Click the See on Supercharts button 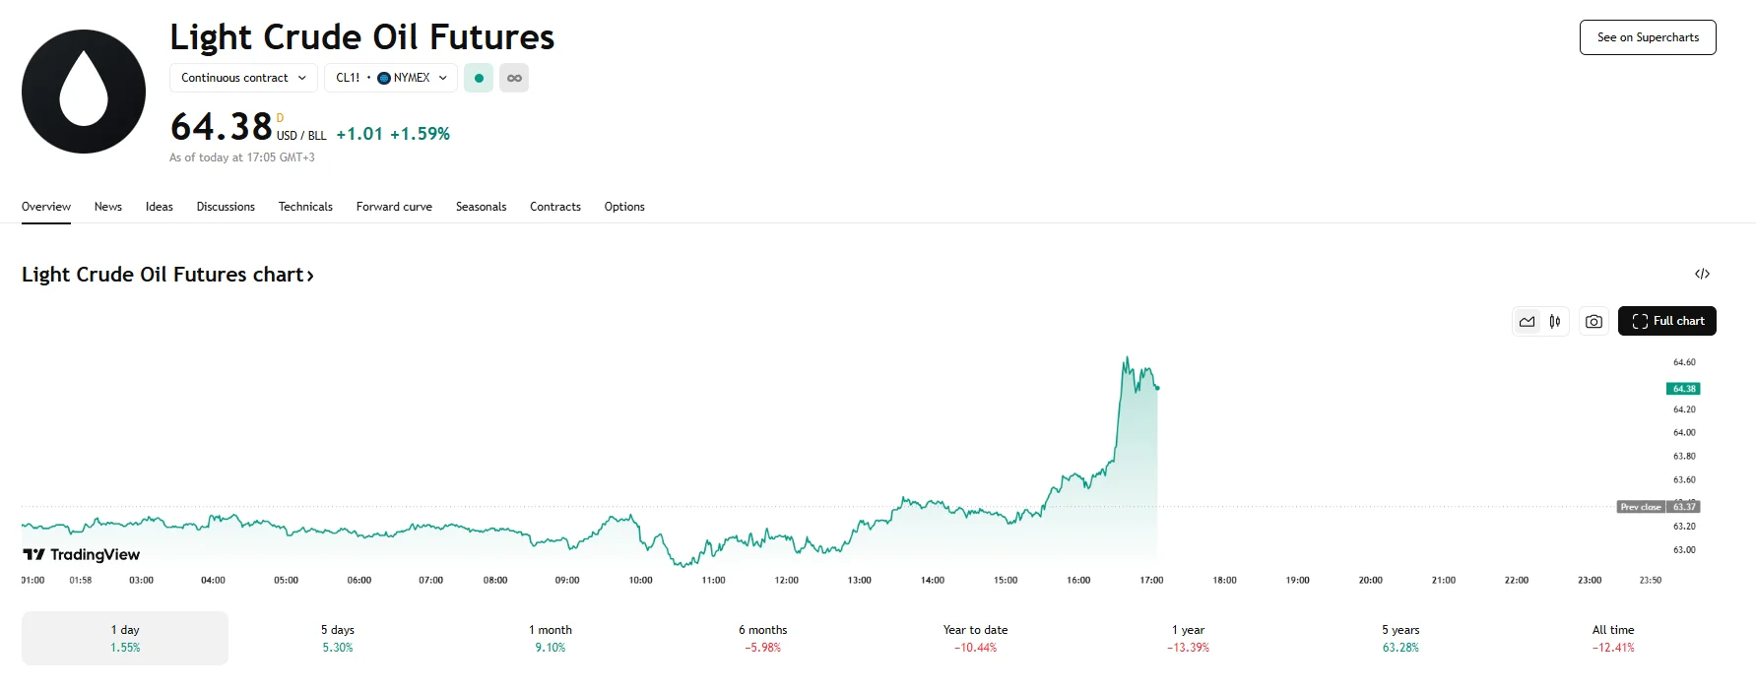point(1648,37)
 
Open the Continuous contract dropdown point(243,78)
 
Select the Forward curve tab point(394,207)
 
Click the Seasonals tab point(481,207)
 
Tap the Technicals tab point(305,207)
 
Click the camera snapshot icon point(1593,321)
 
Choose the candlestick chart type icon point(1555,321)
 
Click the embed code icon point(1702,274)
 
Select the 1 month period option point(550,638)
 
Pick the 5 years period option point(1400,638)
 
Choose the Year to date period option point(975,638)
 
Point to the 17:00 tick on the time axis point(1151,580)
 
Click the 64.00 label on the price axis point(1684,432)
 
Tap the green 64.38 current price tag point(1684,389)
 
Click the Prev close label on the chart point(1640,507)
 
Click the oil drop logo point(84,92)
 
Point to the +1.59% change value point(420,134)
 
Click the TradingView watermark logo point(82,555)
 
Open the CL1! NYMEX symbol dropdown point(391,78)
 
